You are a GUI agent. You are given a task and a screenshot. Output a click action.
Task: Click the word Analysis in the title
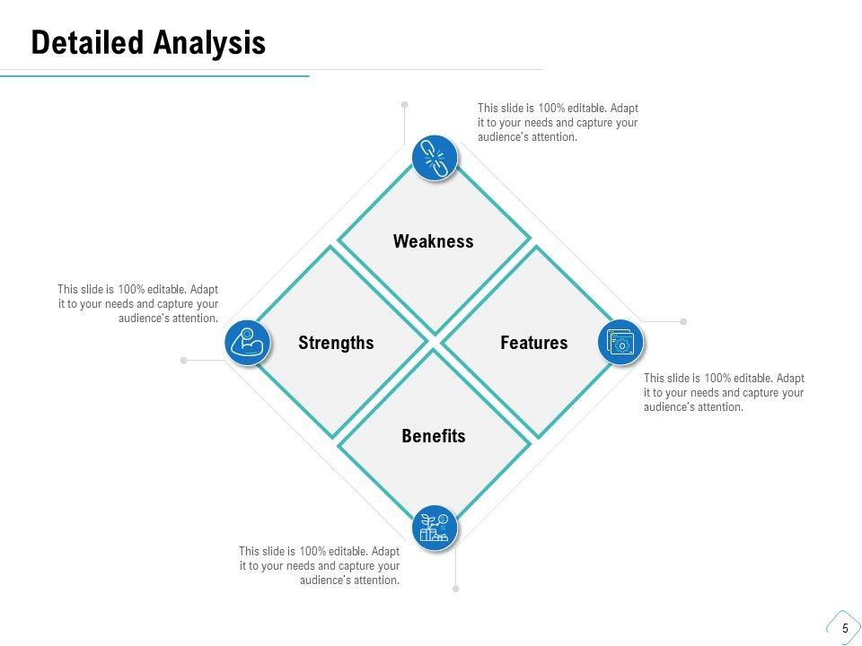[x=209, y=43]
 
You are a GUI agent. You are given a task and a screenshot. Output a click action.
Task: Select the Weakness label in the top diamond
[x=433, y=241]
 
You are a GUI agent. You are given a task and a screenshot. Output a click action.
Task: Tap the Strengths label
[x=336, y=343]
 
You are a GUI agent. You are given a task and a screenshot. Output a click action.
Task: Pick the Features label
[x=533, y=343]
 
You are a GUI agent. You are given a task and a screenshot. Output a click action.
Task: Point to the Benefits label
[x=433, y=436]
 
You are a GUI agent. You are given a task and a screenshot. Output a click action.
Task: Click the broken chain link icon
[x=435, y=158]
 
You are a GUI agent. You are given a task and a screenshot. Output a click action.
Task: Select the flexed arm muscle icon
[x=248, y=343]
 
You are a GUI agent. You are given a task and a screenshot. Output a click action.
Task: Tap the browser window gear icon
[x=620, y=342]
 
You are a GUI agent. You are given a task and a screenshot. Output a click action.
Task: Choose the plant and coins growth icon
[x=435, y=528]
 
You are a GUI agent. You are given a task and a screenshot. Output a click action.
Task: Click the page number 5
[x=846, y=628]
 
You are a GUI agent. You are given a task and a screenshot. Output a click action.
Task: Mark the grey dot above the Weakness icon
[x=405, y=104]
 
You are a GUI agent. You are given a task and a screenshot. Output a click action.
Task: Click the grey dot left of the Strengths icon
[x=183, y=361]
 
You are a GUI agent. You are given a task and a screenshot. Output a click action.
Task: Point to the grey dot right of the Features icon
[x=683, y=321]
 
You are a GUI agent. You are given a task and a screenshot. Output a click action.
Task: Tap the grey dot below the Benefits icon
[x=456, y=589]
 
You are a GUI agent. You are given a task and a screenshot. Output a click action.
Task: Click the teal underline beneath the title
[x=154, y=75]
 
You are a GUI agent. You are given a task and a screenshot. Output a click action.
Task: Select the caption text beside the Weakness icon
[x=558, y=123]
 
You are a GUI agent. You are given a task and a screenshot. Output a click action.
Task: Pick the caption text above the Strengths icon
[x=138, y=304]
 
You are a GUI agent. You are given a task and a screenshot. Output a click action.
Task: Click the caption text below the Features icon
[x=724, y=392]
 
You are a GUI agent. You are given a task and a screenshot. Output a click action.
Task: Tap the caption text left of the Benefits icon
[x=320, y=565]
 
